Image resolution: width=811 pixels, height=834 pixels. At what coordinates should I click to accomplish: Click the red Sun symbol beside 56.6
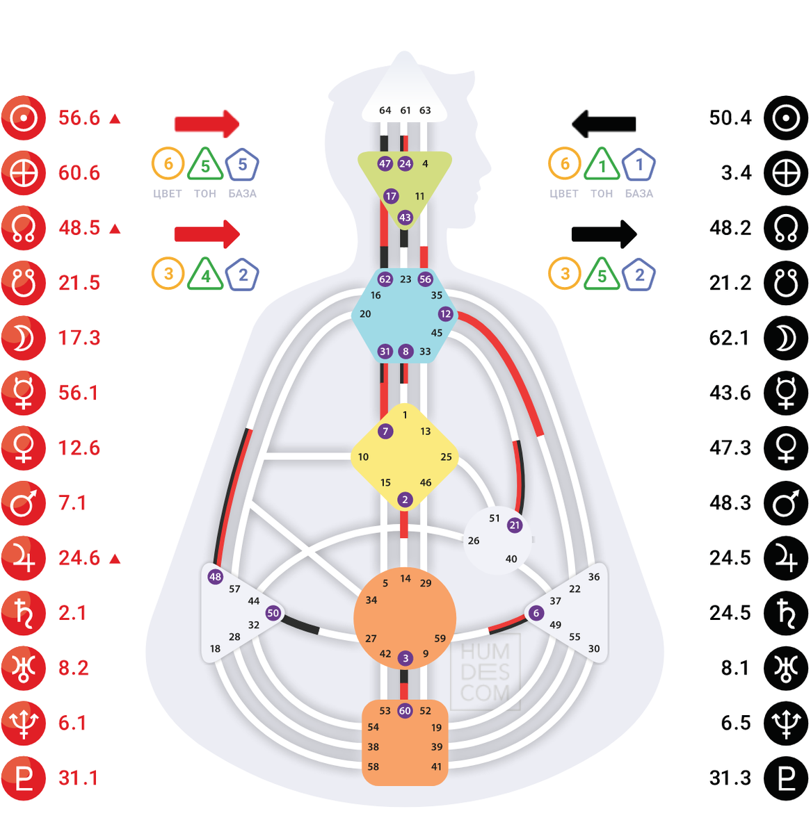tap(24, 118)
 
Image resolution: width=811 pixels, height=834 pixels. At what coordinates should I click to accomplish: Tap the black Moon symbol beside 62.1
tap(786, 338)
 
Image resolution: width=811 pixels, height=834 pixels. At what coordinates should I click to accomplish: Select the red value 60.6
tap(79, 173)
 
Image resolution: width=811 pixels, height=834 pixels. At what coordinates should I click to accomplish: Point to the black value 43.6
tap(730, 393)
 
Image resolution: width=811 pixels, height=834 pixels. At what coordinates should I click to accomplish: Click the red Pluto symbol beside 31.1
tap(24, 778)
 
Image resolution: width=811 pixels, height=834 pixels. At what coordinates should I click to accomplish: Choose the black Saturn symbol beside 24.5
tap(786, 613)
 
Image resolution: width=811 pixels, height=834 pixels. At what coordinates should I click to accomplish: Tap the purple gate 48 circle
tap(216, 577)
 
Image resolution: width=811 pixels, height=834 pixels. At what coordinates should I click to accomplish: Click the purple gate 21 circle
tap(515, 525)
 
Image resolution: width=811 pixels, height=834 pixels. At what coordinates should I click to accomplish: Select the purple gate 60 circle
tap(405, 711)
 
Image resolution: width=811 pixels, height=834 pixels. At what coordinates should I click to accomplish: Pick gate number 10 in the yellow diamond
tap(363, 457)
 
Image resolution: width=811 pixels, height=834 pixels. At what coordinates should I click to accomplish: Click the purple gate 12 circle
tap(446, 314)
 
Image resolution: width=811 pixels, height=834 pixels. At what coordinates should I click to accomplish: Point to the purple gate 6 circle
tap(536, 613)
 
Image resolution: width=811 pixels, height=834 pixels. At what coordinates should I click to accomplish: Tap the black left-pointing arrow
tap(604, 124)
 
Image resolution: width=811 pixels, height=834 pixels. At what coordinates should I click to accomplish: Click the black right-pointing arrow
tap(604, 234)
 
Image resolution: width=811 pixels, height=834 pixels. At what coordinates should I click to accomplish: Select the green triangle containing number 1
tap(602, 165)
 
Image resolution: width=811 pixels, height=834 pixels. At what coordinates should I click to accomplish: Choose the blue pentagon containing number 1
tap(639, 165)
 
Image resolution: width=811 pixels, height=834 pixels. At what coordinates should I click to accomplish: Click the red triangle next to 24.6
tap(115, 559)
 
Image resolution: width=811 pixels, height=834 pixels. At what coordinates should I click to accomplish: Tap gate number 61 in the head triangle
tap(405, 111)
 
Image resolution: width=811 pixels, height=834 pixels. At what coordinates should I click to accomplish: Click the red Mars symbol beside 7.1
tap(24, 503)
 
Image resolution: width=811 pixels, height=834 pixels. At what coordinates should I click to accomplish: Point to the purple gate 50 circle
tap(273, 613)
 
